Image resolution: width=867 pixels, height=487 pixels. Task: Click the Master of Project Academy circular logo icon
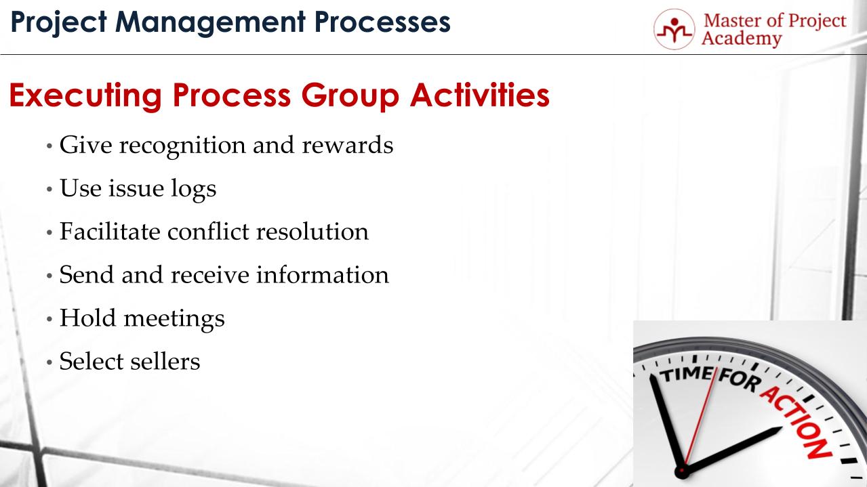(673, 29)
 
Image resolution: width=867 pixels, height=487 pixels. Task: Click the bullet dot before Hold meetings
(49, 319)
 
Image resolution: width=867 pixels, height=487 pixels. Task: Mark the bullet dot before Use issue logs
(49, 189)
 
